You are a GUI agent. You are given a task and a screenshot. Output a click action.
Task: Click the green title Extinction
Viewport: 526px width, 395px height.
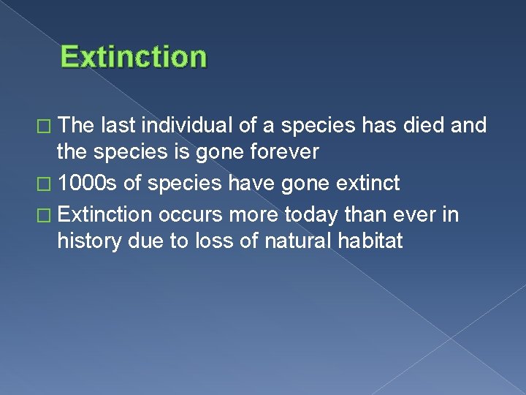click(x=134, y=56)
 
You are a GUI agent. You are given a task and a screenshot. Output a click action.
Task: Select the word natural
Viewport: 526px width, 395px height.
click(x=286, y=241)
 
